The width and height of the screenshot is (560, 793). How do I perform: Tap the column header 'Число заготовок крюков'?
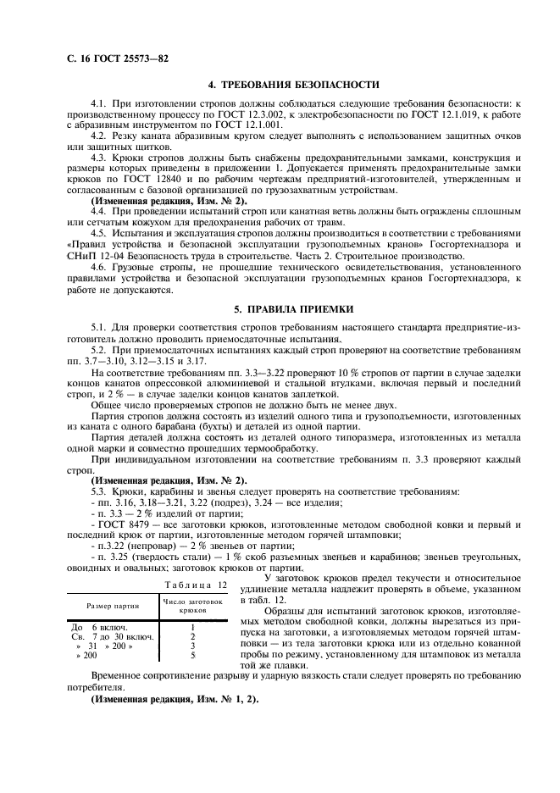[x=192, y=605]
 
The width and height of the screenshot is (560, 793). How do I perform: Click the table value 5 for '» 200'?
[x=193, y=656]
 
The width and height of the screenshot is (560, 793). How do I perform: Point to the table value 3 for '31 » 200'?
[x=193, y=646]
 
